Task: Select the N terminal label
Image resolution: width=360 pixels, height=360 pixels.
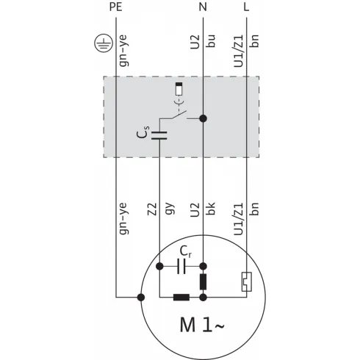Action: (x=204, y=7)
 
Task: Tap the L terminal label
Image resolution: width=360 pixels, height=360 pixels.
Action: (x=246, y=7)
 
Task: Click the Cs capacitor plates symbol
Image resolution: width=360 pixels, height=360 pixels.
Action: (x=159, y=134)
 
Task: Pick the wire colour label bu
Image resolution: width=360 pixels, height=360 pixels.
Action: (x=212, y=41)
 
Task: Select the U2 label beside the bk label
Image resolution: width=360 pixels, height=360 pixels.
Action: (x=195, y=212)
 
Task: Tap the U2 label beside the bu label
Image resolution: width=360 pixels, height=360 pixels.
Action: (x=195, y=41)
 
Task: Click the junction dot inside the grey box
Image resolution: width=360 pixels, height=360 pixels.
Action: (x=204, y=118)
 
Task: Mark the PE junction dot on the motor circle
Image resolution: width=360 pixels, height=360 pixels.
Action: (x=140, y=298)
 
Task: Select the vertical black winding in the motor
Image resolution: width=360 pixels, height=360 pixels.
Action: (x=204, y=282)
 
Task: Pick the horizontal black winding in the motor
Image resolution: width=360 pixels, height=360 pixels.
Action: (x=181, y=298)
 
